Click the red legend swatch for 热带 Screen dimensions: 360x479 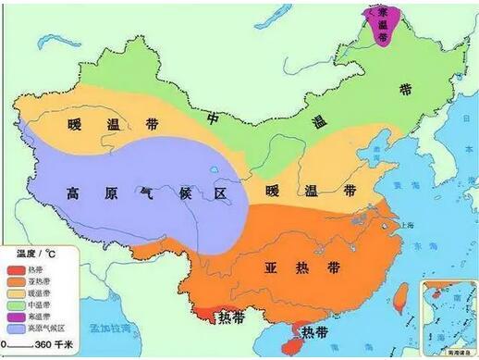pos(16,271)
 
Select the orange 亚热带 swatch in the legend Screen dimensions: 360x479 pos(16,281)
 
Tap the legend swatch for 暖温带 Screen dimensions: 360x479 pos(16,292)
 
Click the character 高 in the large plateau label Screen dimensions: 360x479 pos(74,193)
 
